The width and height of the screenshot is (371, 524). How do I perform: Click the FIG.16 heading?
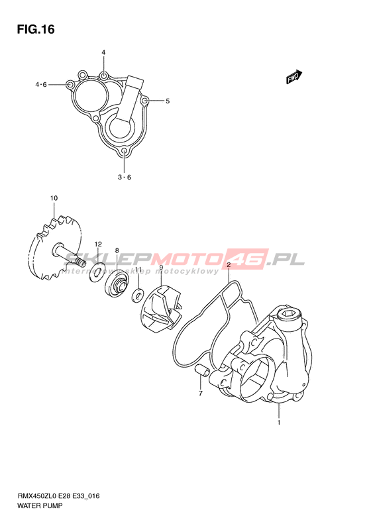(x=36, y=29)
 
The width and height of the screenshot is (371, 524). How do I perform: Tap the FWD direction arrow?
(x=294, y=77)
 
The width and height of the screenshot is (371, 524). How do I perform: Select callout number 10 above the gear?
(x=54, y=198)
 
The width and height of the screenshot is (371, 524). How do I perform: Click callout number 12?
(x=97, y=244)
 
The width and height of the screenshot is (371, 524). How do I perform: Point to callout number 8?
(x=117, y=250)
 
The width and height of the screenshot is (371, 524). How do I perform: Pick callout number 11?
(x=138, y=269)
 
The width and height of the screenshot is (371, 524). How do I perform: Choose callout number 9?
(x=161, y=268)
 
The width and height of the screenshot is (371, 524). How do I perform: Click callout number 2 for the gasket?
(x=229, y=266)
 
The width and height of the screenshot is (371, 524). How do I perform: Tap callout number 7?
(x=201, y=393)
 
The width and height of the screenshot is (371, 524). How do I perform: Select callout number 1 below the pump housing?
(x=279, y=423)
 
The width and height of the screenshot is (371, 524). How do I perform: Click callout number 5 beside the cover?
(x=168, y=101)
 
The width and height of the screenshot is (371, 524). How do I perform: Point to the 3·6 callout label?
(x=125, y=177)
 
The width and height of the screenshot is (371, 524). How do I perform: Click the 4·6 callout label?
(x=41, y=85)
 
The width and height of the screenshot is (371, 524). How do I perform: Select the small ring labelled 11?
(x=137, y=295)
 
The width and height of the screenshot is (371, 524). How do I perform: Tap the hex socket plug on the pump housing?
(x=290, y=314)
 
